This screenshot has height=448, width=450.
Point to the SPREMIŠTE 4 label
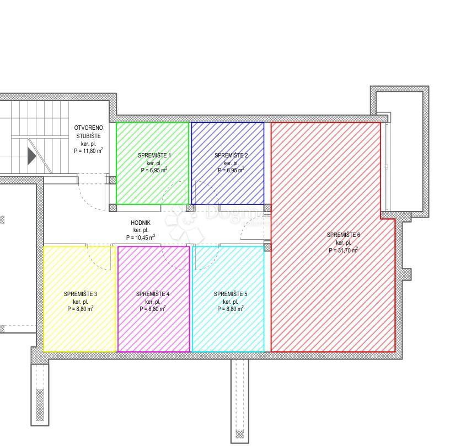pos(153,294)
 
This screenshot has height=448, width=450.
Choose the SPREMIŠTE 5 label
pos(231,294)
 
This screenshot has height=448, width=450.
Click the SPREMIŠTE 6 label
pos(343,235)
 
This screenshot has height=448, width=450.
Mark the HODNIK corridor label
pos(141,223)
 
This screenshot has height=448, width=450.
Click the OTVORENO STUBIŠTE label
pos(88,131)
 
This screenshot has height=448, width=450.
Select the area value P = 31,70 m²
pos(343,250)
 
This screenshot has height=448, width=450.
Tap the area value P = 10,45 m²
pos(141,238)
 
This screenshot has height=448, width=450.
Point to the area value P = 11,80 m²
pos(88,150)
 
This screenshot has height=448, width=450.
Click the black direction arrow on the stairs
pos(31,156)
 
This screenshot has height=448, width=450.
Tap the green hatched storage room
pos(152,188)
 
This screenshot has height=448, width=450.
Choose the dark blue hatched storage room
pos(227,188)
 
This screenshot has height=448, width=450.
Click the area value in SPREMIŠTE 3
pos(81,309)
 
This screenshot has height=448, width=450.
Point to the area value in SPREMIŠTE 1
pos(154,171)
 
